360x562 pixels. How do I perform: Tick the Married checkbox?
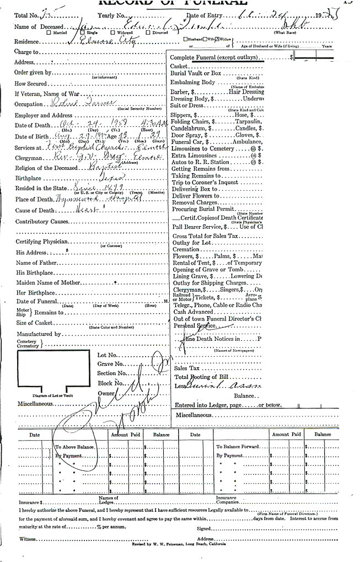[x=50, y=33]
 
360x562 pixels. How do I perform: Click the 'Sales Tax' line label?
[x=186, y=368]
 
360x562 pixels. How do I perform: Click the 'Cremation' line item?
[x=186, y=249]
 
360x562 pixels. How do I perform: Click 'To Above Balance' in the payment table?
[x=74, y=447]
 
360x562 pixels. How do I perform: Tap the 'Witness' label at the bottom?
[x=27, y=538]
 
